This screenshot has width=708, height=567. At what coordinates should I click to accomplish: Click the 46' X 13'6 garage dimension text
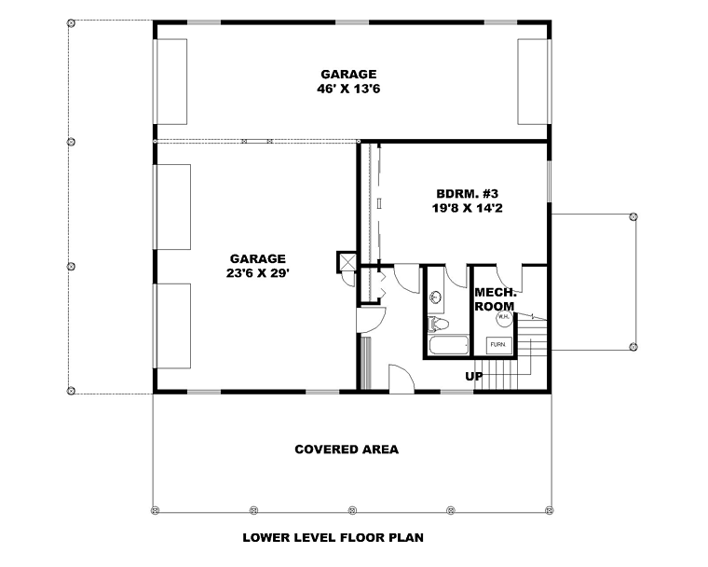[x=348, y=89]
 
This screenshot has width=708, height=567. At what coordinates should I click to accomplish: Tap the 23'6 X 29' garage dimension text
[x=257, y=273]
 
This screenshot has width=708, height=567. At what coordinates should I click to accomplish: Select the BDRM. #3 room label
[x=467, y=194]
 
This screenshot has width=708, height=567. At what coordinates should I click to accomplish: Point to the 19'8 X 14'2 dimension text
[x=467, y=208]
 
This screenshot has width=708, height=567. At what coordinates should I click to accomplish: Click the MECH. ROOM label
[x=496, y=298]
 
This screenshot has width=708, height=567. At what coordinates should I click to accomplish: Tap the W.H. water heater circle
[x=504, y=317]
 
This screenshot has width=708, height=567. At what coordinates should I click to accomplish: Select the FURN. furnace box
[x=498, y=345]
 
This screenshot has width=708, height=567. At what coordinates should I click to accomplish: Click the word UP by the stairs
[x=473, y=376]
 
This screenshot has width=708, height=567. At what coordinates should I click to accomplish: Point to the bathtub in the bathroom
[x=448, y=345]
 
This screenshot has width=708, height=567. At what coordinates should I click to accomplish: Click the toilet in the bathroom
[x=438, y=324]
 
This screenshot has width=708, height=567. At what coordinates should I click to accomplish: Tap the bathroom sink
[x=436, y=297]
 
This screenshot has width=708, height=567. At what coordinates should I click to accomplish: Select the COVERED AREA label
[x=347, y=449]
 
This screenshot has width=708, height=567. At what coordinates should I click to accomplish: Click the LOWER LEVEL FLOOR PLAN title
[x=333, y=537]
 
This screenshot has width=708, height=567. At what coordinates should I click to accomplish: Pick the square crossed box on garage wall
[x=347, y=262]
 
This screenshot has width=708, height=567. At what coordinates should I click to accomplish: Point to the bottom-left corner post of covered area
[x=156, y=510]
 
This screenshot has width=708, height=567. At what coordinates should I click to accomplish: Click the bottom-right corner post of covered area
[x=549, y=510]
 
